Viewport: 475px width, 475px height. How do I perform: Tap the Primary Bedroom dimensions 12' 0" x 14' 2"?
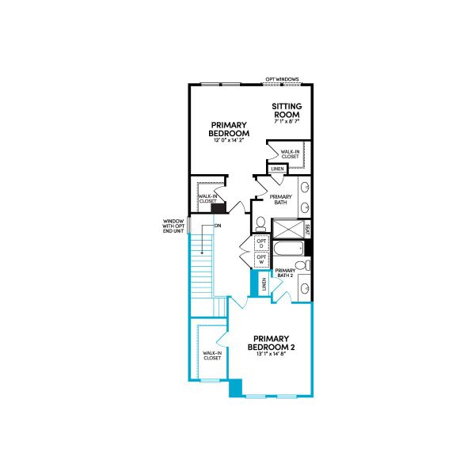230,140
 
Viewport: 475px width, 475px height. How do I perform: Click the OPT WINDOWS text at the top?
283,79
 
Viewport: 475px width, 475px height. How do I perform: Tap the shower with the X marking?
287,230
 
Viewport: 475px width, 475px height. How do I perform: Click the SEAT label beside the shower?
307,229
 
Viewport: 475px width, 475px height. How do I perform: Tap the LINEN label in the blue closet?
264,283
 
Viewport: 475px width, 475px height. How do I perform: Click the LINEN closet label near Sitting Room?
277,169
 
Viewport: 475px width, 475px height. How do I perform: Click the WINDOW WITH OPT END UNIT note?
173,227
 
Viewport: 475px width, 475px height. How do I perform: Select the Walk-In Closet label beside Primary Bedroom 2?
211,356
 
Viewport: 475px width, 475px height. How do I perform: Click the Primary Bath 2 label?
285,274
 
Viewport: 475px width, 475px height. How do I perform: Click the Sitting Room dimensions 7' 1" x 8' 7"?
287,123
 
